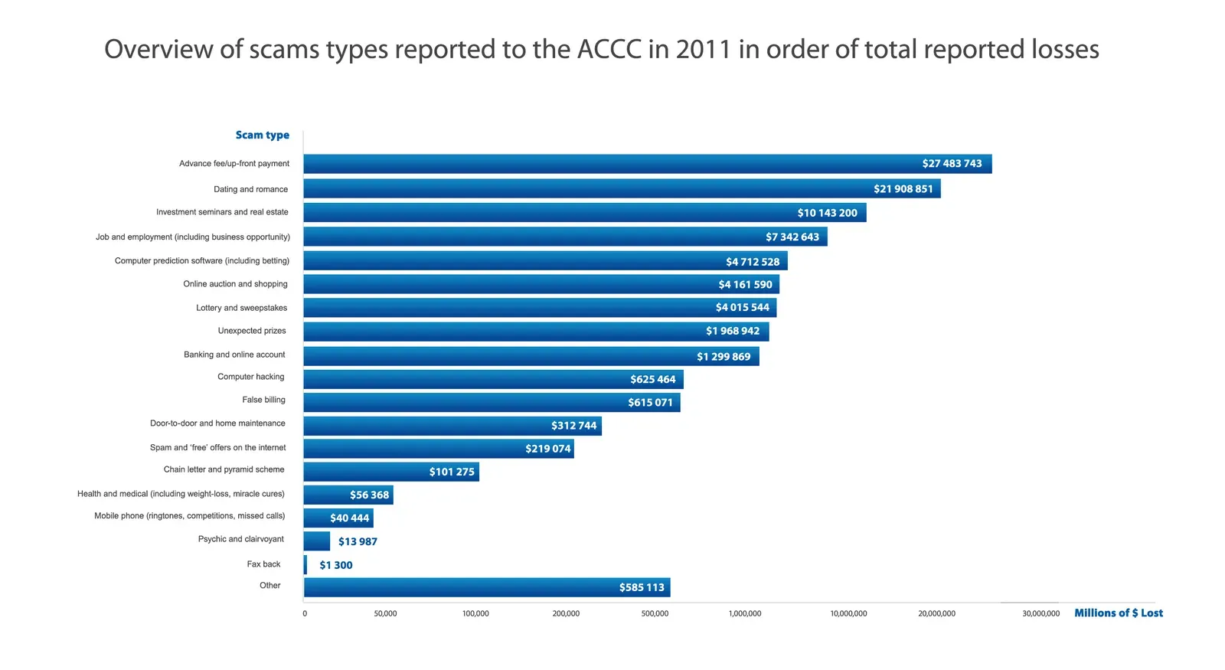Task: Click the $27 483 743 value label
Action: (952, 164)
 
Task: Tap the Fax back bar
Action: (305, 565)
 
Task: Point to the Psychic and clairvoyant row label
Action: (240, 539)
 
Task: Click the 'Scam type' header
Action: (262, 136)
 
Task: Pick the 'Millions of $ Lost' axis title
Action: (1118, 613)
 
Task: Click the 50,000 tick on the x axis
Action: (385, 614)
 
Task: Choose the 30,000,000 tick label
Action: (1040, 614)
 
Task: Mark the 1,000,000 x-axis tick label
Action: (745, 614)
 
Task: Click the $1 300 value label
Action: (336, 565)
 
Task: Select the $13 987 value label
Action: (358, 541)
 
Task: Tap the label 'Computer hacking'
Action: (250, 377)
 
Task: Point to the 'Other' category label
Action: (269, 586)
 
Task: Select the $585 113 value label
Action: (642, 588)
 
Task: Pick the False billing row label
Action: (263, 400)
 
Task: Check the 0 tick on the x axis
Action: (305, 614)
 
